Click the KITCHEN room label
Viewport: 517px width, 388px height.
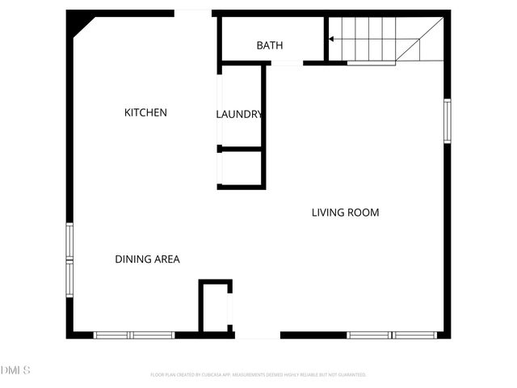click(x=145, y=112)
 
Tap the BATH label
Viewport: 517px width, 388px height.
click(x=269, y=45)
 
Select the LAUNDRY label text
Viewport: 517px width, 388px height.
click(x=239, y=114)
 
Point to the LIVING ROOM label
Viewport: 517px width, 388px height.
click(x=345, y=213)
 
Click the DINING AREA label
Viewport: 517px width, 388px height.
click(x=147, y=259)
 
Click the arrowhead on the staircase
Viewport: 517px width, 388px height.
click(x=330, y=38)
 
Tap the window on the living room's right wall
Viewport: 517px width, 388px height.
click(x=447, y=121)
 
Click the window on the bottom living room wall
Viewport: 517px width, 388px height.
click(x=392, y=335)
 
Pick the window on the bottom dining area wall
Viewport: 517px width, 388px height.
click(x=134, y=335)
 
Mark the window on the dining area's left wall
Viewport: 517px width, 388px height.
click(x=69, y=259)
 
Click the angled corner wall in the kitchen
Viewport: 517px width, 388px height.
click(x=82, y=27)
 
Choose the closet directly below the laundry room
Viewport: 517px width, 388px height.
click(x=241, y=168)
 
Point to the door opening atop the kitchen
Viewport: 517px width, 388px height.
click(x=193, y=13)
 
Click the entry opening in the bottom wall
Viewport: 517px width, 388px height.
click(x=257, y=335)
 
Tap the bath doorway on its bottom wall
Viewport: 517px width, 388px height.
click(x=286, y=62)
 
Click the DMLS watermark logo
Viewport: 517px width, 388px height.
click(x=15, y=370)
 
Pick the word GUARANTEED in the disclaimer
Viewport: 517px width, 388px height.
click(x=351, y=375)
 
